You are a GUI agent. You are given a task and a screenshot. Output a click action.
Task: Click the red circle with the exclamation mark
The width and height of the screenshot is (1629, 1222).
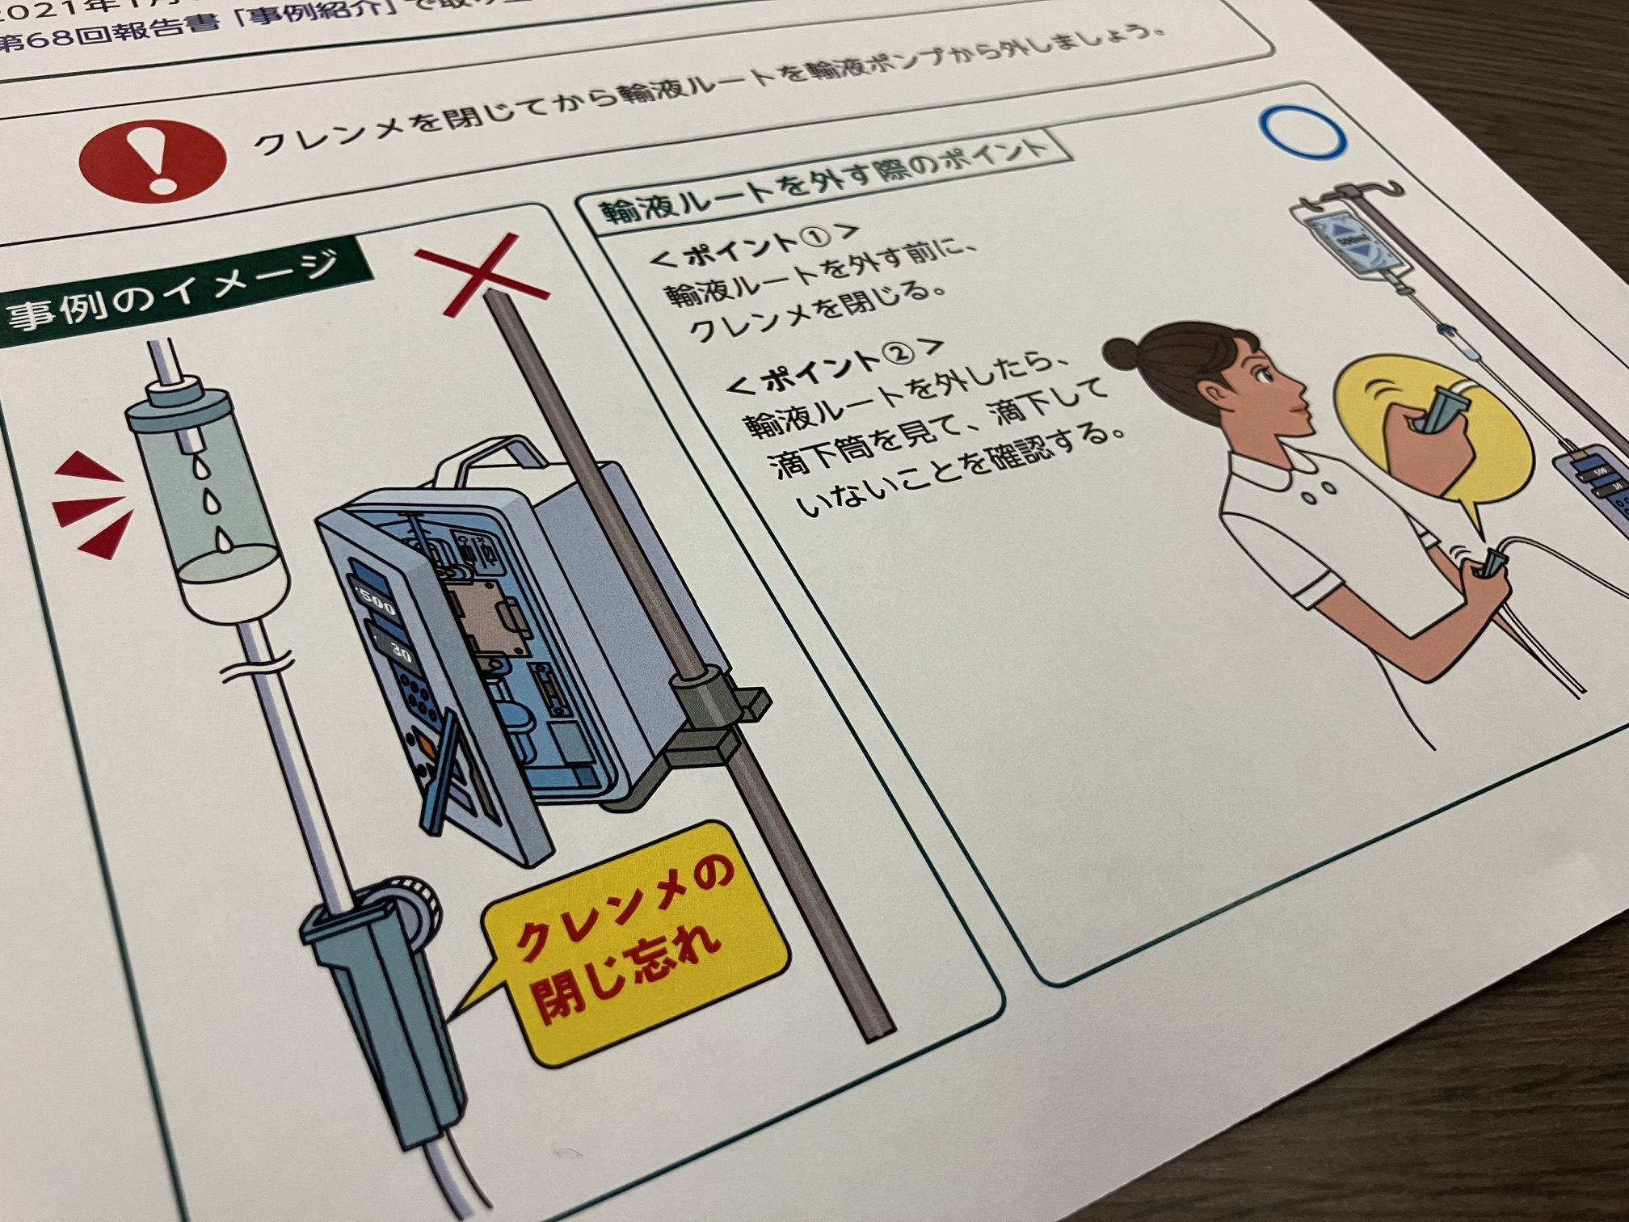pyautogui.click(x=152, y=161)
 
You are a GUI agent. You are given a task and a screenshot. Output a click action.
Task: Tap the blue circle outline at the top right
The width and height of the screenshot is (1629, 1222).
pyautogui.click(x=1302, y=133)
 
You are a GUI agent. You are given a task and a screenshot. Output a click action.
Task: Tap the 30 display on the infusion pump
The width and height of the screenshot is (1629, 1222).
pyautogui.click(x=396, y=647)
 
